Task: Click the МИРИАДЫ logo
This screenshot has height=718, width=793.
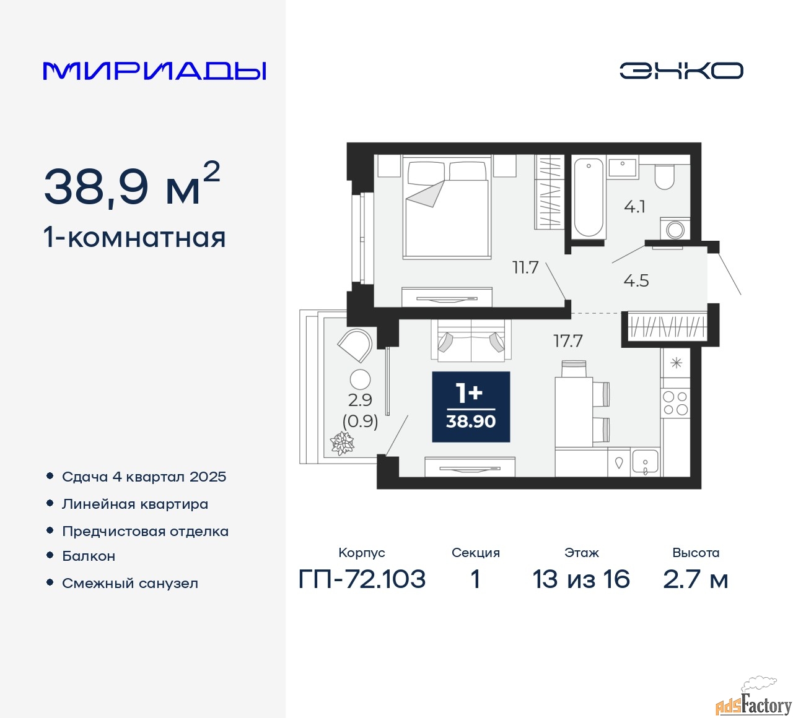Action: [x=155, y=71]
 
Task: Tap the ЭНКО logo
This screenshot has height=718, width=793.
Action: [x=681, y=71]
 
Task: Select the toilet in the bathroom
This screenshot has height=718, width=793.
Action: [x=664, y=176]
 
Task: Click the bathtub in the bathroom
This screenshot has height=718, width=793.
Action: [x=588, y=197]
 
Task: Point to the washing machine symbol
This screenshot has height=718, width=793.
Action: [x=676, y=230]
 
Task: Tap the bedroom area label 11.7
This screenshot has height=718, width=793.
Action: [x=525, y=267]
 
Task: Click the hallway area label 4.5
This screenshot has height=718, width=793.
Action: [x=636, y=280]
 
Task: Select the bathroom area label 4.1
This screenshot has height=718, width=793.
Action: [x=634, y=207]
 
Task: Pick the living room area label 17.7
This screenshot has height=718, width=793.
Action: [x=567, y=340]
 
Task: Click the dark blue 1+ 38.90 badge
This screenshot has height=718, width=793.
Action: [x=471, y=407]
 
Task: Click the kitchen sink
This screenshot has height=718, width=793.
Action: [x=645, y=463]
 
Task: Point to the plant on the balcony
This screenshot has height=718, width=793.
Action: [x=341, y=443]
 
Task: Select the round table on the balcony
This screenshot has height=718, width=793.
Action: [x=360, y=379]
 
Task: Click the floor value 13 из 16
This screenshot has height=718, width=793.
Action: [x=581, y=579]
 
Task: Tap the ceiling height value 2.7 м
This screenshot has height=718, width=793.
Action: [x=695, y=579]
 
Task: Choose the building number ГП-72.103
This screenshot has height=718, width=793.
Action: [x=362, y=579]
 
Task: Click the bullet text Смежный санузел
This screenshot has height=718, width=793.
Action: [x=130, y=583]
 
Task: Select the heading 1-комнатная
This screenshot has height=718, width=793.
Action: [x=135, y=238]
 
